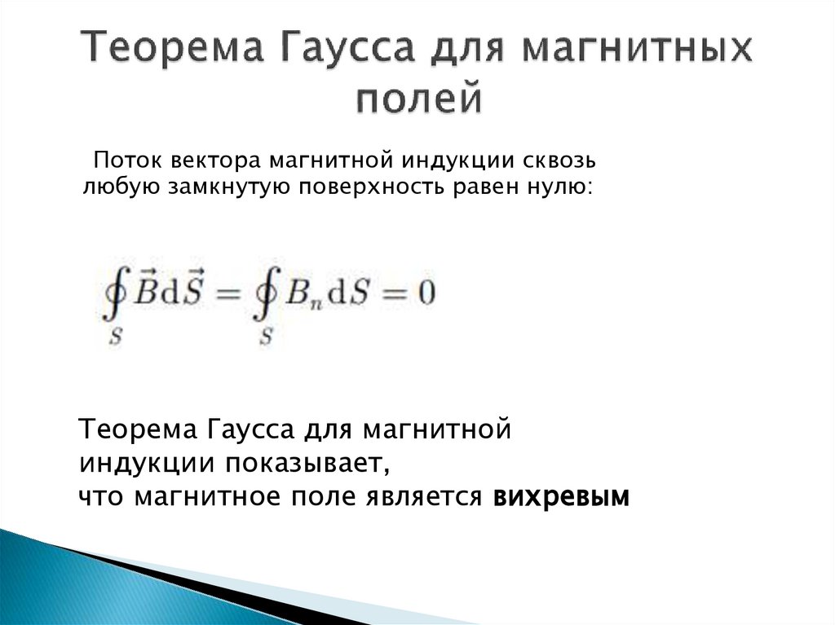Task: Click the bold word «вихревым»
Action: pos(562,496)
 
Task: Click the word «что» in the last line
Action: pos(103,496)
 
